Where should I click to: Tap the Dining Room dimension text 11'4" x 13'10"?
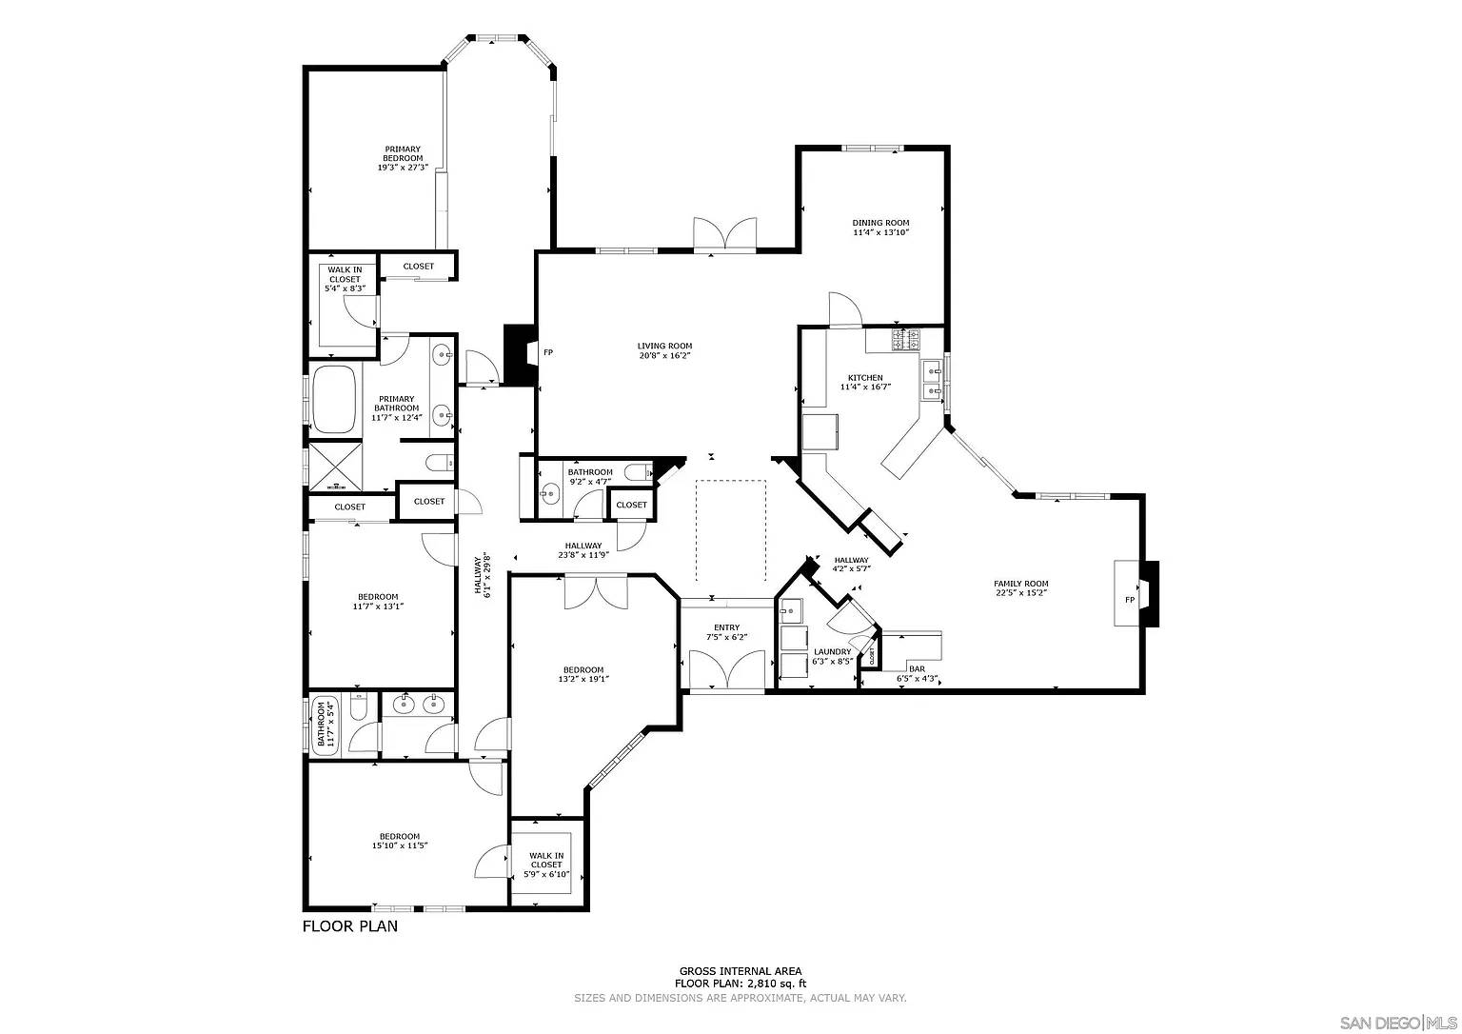(880, 232)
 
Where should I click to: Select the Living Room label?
(664, 347)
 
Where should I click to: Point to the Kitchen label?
(865, 378)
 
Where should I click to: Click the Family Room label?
(1020, 584)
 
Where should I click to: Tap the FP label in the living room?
(548, 352)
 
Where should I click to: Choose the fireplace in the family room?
(1138, 594)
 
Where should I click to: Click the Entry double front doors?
(727, 669)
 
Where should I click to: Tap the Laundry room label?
(832, 652)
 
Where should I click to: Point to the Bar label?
(917, 669)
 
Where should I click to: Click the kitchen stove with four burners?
(906, 338)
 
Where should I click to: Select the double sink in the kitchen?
(931, 378)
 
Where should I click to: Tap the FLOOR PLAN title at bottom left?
(349, 925)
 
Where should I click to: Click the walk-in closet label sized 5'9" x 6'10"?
(546, 865)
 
